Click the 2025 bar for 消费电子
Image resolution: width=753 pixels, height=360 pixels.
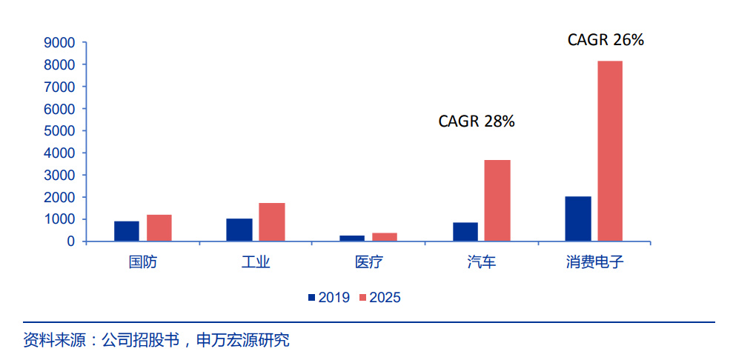[610, 151]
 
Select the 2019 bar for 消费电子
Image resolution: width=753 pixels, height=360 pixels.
[577, 219]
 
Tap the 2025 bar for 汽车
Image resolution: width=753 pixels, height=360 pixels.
[497, 200]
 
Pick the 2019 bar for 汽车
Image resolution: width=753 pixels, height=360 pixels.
[465, 232]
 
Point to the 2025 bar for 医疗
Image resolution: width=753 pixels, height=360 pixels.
[385, 237]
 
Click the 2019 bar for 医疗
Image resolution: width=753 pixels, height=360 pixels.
[352, 239]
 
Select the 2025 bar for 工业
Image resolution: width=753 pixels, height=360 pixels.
[272, 222]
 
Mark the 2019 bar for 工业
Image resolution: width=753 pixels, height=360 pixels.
[239, 230]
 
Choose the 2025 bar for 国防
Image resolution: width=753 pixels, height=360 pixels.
[159, 228]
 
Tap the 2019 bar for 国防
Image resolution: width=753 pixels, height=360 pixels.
[127, 231]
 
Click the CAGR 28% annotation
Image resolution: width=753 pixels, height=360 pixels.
[477, 121]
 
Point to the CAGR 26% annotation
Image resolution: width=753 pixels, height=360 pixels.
[606, 40]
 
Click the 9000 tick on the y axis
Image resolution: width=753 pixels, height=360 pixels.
[60, 43]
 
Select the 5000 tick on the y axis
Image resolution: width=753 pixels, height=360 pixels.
[60, 131]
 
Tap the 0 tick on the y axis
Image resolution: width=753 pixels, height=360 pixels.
[70, 241]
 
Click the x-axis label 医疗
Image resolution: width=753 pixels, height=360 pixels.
[368, 262]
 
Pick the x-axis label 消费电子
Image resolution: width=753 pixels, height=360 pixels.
[594, 262]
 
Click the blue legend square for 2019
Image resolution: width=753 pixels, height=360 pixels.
[312, 298]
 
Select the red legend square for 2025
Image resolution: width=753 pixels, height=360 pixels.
[362, 298]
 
